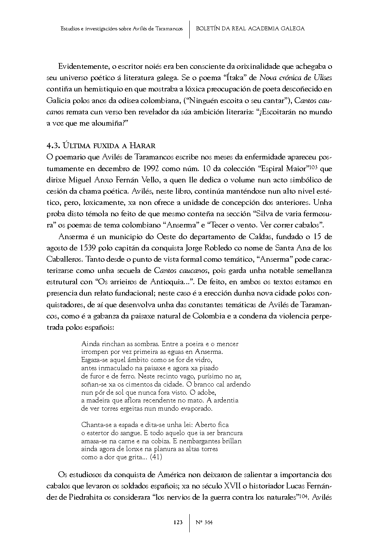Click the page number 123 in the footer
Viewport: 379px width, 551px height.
point(178,522)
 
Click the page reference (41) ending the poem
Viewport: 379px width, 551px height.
point(155,457)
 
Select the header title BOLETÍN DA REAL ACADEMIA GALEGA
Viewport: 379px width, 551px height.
point(250,29)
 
